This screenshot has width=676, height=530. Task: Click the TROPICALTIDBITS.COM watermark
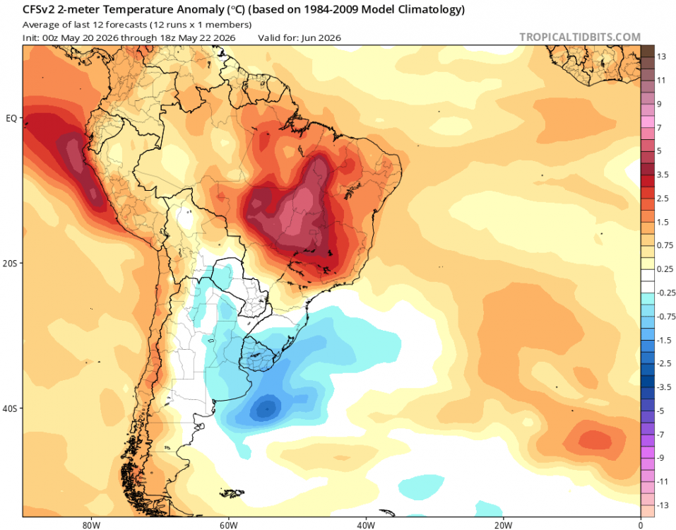[580, 37]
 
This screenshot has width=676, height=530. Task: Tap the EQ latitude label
[11, 118]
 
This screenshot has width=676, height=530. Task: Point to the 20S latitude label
[9, 263]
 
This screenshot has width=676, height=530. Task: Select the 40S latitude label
[9, 408]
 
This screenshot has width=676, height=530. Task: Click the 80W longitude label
[91, 525]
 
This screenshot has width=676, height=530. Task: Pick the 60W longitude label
[228, 525]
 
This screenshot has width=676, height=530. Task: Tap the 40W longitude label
[366, 525]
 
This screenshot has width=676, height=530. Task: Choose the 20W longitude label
[503, 525]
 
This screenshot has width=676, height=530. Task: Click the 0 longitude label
[641, 525]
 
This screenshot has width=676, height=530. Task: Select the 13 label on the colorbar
[661, 57]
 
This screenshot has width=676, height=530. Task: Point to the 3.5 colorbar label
[663, 175]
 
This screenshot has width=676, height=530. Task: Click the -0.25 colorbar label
[665, 293]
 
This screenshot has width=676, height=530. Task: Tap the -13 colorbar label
[663, 505]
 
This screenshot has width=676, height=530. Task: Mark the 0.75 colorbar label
[665, 245]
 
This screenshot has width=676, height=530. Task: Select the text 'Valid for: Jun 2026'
[300, 38]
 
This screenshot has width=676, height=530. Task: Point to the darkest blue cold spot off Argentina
[266, 408]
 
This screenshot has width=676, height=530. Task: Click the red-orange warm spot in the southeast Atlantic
[595, 440]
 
